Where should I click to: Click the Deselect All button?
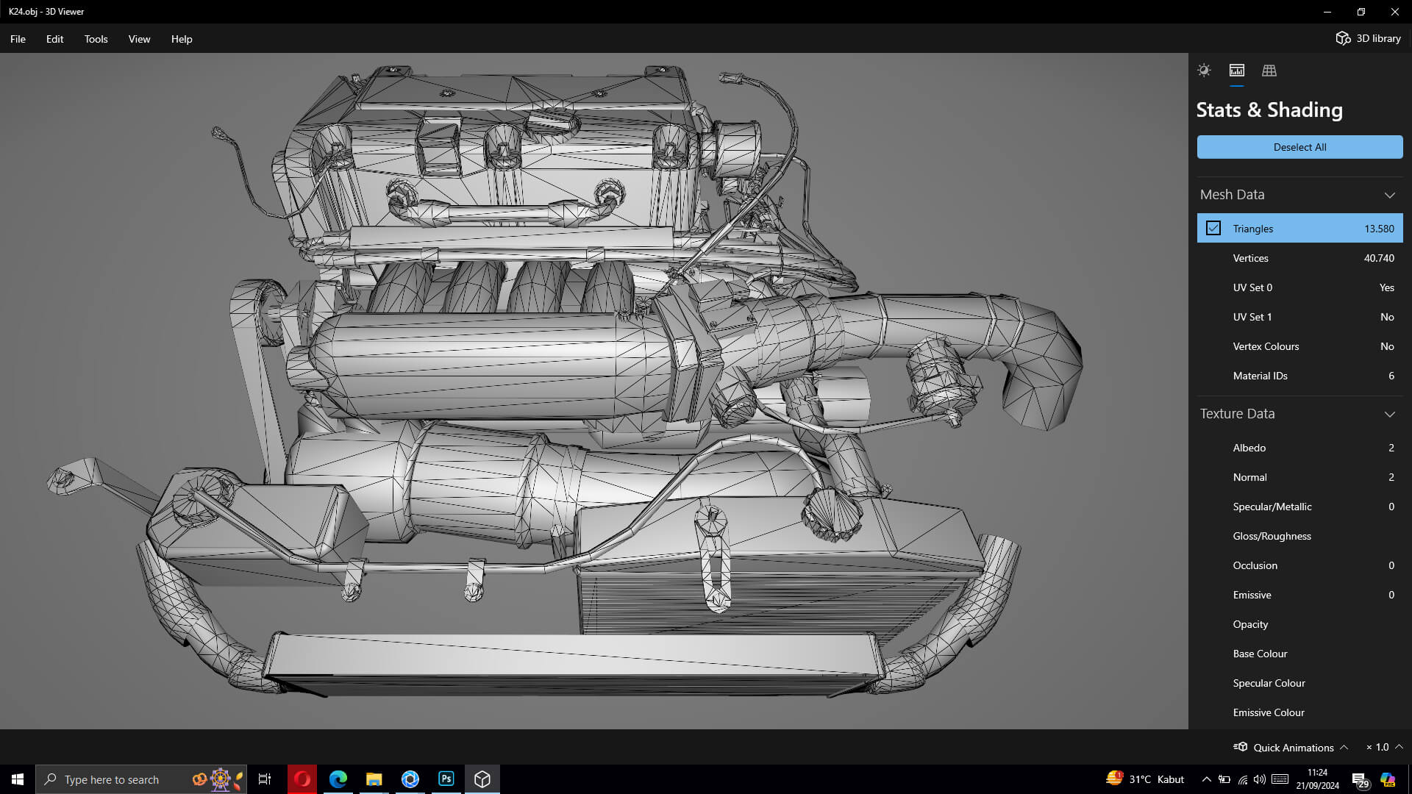(x=1299, y=147)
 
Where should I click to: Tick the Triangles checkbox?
(x=1213, y=229)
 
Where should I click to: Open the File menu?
(x=18, y=39)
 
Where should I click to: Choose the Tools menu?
(x=96, y=39)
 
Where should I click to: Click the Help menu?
(x=182, y=39)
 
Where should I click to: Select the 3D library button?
(x=1369, y=38)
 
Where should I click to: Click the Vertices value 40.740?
(x=1378, y=258)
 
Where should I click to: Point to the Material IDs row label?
(x=1260, y=376)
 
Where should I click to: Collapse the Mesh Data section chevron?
(x=1389, y=195)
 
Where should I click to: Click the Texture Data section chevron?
(x=1389, y=414)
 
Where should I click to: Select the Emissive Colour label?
(x=1269, y=712)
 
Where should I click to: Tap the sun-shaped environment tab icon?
(x=1204, y=71)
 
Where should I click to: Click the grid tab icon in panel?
(x=1269, y=71)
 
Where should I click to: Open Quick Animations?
(x=1292, y=747)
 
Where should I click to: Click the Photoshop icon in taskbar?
(x=446, y=779)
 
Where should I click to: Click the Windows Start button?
(x=18, y=779)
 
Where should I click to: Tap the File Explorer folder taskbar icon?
(x=374, y=779)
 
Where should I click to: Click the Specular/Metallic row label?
(x=1272, y=507)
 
